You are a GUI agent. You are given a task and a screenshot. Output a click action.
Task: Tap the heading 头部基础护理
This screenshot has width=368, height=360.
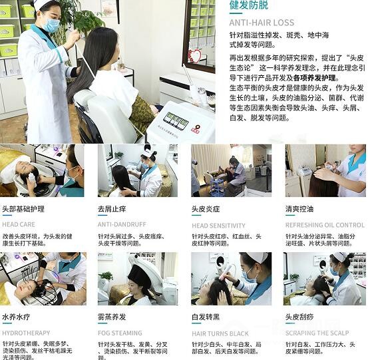(x=23, y=208)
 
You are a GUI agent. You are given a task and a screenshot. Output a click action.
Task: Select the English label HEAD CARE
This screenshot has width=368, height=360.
(x=19, y=225)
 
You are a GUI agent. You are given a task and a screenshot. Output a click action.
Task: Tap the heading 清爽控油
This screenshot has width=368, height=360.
(x=301, y=208)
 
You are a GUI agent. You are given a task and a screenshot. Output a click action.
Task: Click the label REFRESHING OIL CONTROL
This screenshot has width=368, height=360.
(x=325, y=225)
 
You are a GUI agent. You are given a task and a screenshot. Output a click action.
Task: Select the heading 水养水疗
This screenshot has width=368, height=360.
(x=18, y=317)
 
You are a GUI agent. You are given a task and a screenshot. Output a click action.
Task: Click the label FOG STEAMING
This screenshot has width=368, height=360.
(x=120, y=333)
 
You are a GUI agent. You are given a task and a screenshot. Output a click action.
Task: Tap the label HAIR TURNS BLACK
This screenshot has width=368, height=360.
(x=220, y=333)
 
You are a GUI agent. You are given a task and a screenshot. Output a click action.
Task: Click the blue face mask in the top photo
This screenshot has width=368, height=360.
(x=51, y=24)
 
